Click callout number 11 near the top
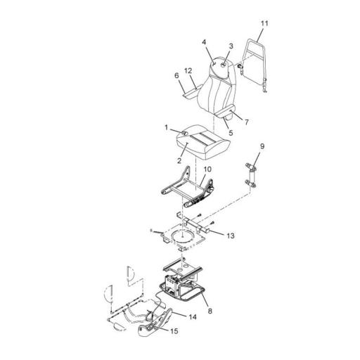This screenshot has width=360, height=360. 264,23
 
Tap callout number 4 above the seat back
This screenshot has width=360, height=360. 204,42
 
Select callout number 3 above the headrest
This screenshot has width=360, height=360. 231,46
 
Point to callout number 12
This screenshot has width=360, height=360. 188,70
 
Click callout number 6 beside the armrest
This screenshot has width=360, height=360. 176,75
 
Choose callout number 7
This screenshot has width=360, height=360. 246,122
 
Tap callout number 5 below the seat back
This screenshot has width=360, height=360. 231,133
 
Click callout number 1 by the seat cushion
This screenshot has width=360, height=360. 167,128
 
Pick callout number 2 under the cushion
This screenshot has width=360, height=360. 179,160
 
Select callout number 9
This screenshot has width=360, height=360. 262,146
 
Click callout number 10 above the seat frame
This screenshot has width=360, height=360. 207,169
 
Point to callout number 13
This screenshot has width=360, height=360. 231,236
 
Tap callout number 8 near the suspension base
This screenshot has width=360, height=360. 210,311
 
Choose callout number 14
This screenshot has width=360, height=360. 193,317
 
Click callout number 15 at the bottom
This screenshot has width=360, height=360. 174,331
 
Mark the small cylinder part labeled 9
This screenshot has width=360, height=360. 250,175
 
